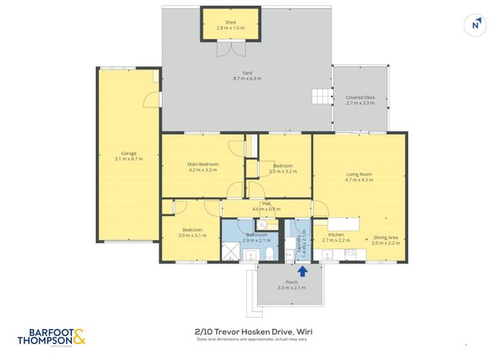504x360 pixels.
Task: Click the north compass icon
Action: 475,24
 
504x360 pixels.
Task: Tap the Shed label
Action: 230,22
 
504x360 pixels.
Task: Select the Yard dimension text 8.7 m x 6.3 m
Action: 246,78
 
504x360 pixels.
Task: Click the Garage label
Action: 129,153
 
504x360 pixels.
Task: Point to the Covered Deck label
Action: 360,97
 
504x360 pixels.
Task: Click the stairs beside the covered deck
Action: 320,95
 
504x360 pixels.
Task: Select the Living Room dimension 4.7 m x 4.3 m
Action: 359,179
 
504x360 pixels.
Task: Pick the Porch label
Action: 292,282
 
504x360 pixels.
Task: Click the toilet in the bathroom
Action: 267,253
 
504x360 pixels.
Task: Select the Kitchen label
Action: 336,235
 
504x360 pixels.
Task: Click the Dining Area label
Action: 385,237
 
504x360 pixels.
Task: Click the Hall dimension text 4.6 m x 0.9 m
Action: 266,209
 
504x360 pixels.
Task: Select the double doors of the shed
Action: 230,49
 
